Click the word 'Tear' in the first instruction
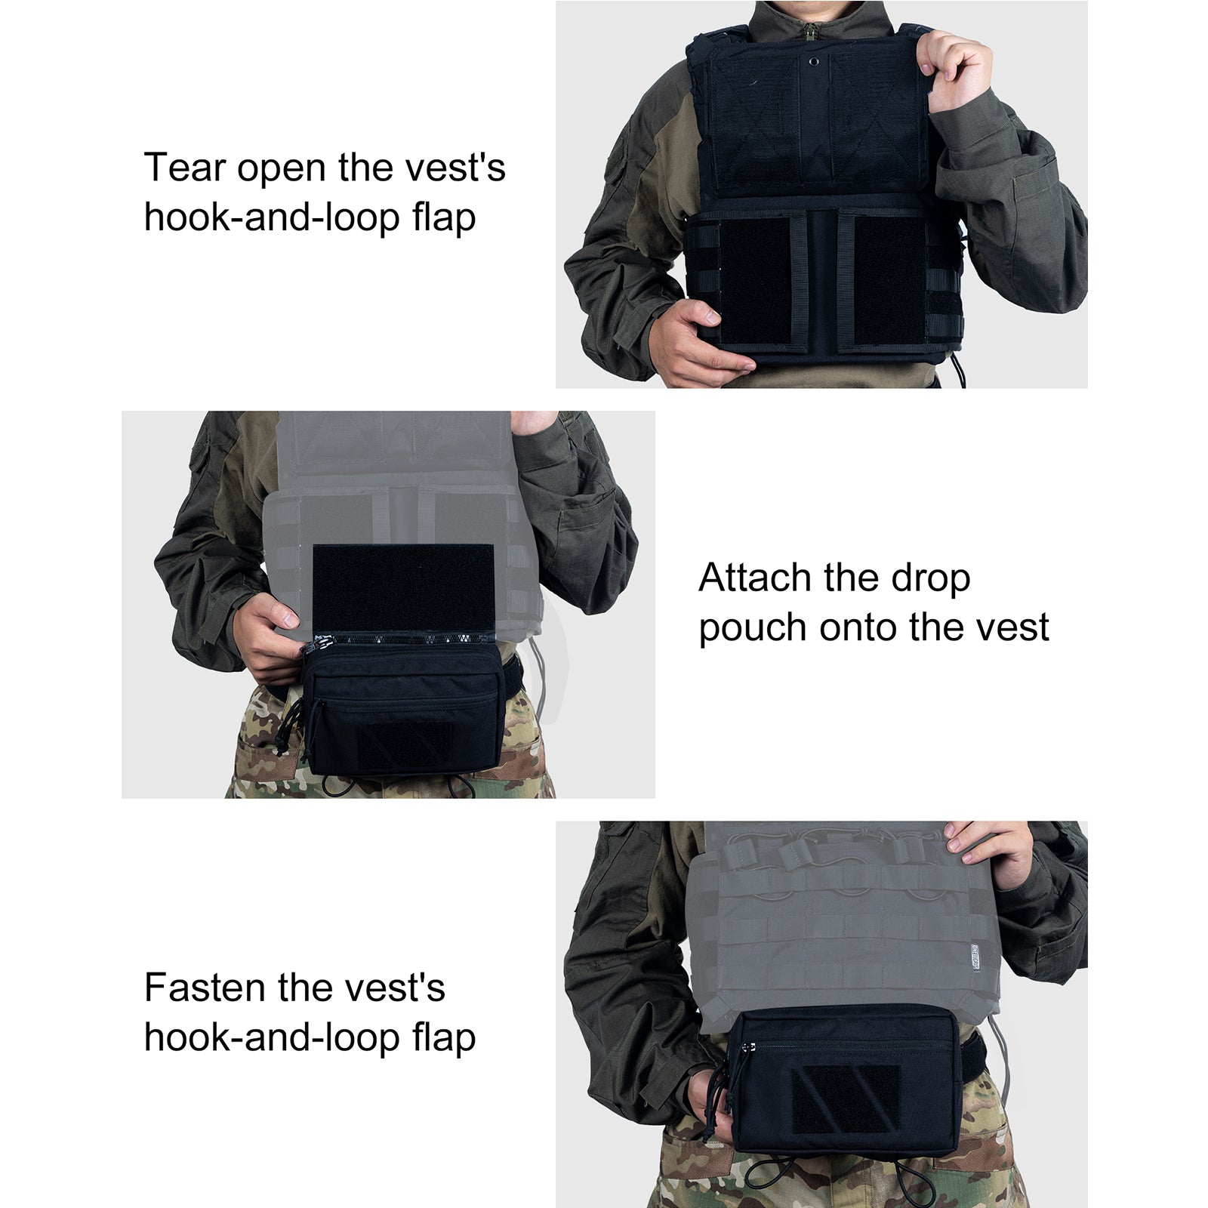[x=183, y=168]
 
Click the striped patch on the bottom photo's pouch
[x=845, y=1099]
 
